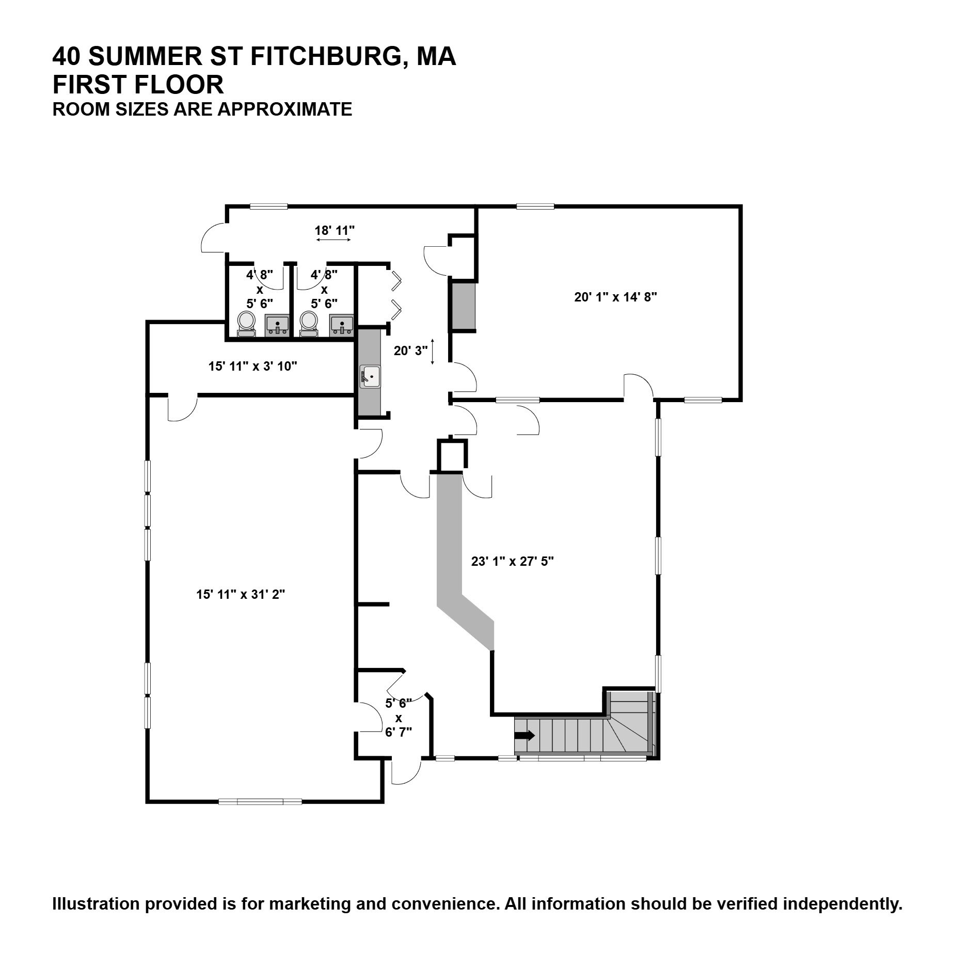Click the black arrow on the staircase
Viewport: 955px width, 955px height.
526,736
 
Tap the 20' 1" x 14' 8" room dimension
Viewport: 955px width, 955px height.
615,297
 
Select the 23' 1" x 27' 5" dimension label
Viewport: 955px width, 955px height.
512,561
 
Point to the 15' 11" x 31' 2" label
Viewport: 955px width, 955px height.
241,594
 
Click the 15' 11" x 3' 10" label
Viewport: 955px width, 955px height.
252,366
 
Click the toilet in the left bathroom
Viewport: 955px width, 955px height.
246,324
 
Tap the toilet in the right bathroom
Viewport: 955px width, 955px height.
309,324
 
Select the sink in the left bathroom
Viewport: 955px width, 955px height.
277,326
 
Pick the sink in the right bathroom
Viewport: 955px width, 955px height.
341,326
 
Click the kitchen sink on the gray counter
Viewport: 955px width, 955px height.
370,376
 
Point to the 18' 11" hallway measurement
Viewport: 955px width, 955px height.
335,230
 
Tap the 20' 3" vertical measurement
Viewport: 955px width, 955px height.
411,351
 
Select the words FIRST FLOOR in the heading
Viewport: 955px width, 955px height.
138,85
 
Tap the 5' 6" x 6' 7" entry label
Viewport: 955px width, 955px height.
399,718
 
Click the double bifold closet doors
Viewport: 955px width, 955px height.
396,295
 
